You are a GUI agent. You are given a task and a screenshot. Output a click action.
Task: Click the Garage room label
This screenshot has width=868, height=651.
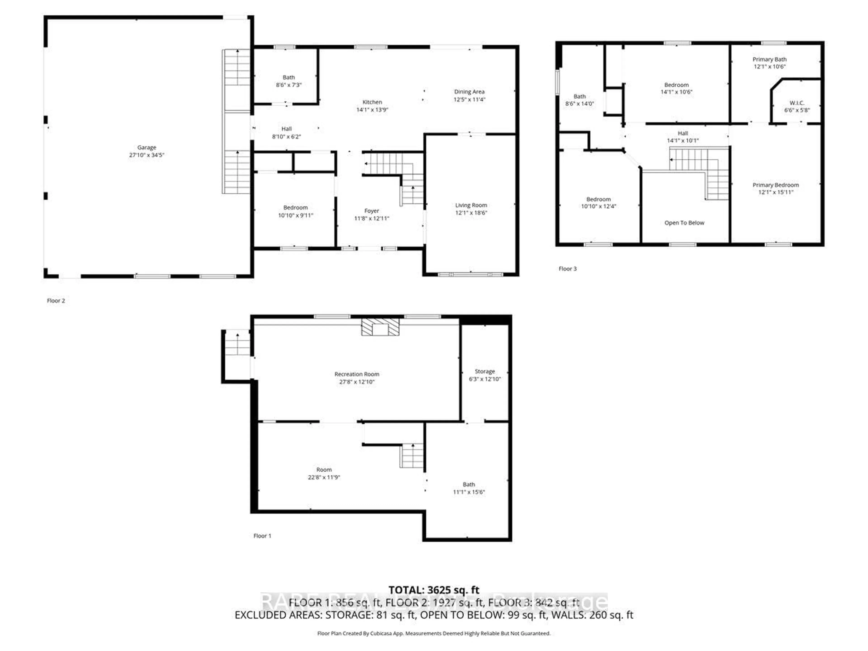coord(146,148)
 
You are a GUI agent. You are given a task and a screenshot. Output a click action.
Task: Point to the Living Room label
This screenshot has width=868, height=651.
coord(471,205)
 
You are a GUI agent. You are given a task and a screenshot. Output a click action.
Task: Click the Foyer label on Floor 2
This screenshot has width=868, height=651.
coord(372,211)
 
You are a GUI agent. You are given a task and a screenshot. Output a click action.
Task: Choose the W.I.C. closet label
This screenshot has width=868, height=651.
coord(797,103)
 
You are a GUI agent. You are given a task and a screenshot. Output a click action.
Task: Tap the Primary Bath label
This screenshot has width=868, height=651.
coord(769,59)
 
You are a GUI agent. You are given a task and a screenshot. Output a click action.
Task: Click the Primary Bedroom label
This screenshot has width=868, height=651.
coord(775,185)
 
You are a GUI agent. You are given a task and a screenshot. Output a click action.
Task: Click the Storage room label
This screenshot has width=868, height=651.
coord(485,371)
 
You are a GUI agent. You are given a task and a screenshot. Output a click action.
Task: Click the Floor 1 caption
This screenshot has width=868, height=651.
coord(262,536)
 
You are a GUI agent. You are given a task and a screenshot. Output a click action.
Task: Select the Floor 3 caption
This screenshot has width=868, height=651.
coord(567,269)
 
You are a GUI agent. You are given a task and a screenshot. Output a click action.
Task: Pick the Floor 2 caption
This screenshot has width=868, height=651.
coord(56,301)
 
